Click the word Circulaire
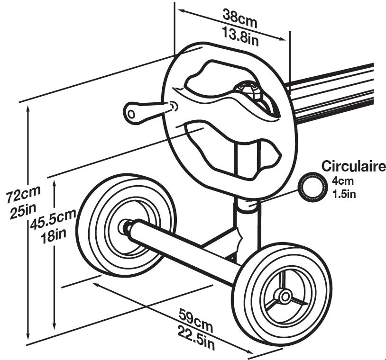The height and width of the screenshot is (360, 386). pyautogui.click(x=353, y=166)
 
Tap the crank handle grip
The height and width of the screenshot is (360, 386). pyautogui.click(x=136, y=112)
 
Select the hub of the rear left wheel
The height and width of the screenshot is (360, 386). pyautogui.click(x=127, y=226)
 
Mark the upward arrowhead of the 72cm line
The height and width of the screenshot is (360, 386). pyautogui.click(x=29, y=108)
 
